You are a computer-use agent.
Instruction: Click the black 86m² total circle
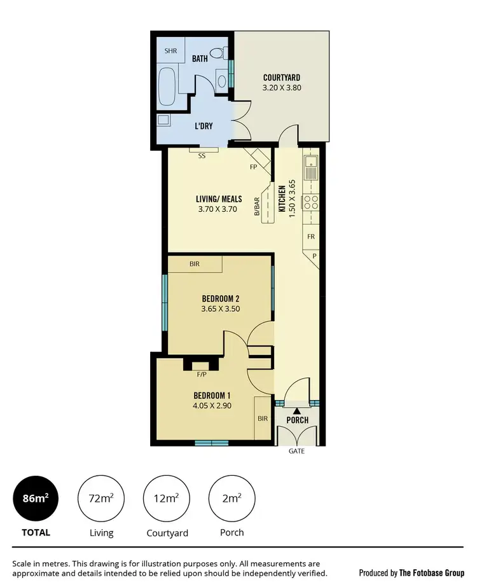click(36, 499)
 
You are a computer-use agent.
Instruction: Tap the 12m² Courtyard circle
click(167, 499)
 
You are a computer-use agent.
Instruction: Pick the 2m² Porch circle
click(232, 499)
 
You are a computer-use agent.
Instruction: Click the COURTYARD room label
click(282, 78)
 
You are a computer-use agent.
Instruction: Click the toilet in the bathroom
click(219, 55)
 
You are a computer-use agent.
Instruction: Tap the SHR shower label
click(170, 50)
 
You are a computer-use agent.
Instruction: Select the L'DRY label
click(204, 126)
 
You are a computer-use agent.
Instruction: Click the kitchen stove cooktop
click(311, 202)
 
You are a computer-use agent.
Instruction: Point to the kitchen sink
click(311, 168)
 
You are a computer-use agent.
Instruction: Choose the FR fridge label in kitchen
click(311, 236)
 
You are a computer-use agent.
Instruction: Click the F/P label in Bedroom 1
click(201, 375)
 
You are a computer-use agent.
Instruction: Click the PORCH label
click(297, 420)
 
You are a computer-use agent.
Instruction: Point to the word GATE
click(297, 451)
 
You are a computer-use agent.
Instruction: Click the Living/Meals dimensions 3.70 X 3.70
click(218, 208)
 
